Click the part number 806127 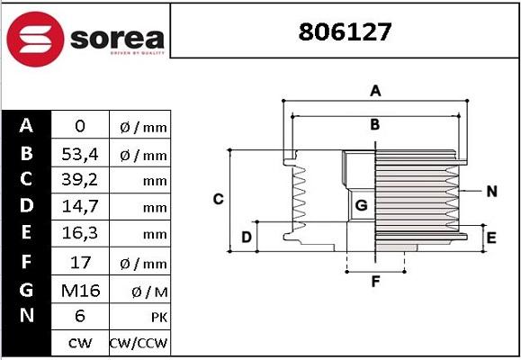click(345, 33)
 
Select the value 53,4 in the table click(78, 154)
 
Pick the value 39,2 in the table click(78, 180)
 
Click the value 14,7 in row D click(78, 207)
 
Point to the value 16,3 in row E click(78, 234)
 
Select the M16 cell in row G click(78, 290)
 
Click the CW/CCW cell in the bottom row click(139, 343)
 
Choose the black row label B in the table click(25, 153)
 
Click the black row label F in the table click(25, 262)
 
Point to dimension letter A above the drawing click(376, 91)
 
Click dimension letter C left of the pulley click(218, 199)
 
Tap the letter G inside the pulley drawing click(361, 206)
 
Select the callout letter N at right click(491, 191)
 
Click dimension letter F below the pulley click(376, 282)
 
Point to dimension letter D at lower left click(246, 238)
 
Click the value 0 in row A click(78, 127)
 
